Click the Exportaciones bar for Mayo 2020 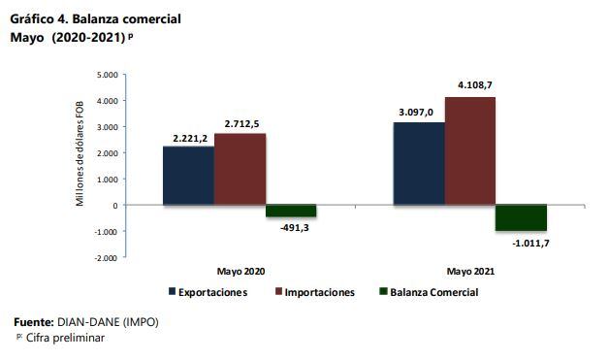coord(188,176)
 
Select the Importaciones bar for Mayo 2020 coord(240,169)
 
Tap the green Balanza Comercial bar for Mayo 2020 coord(291,212)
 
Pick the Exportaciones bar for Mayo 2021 coord(418,164)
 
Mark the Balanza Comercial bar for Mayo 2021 coord(521,218)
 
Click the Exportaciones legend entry coord(208,292)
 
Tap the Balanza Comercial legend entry coord(428,292)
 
